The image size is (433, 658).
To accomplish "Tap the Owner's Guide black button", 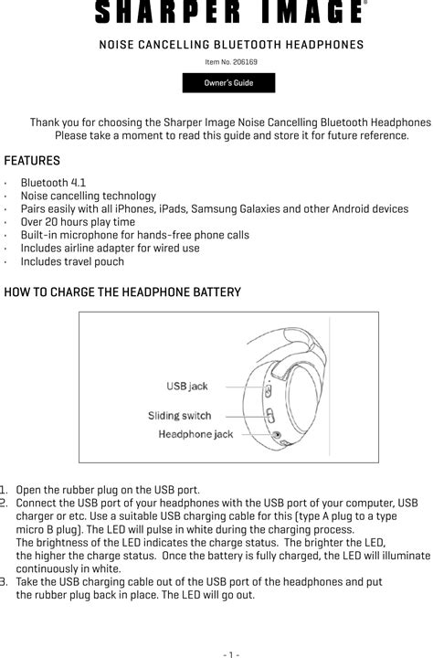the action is coord(228,83).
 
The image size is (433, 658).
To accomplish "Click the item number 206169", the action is coord(231,62).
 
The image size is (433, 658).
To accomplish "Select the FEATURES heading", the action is coord(32,161).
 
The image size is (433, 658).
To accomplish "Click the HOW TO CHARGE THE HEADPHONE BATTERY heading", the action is coord(123,292).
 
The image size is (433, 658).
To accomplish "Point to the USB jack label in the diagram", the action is coord(186,387).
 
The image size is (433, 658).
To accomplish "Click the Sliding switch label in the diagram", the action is coord(179,416).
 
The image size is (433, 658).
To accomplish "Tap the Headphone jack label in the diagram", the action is coord(195,434).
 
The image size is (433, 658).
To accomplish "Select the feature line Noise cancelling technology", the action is coord(88,196).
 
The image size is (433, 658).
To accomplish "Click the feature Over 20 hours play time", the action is coord(78,222).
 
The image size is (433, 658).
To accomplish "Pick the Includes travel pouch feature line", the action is coord(72,261).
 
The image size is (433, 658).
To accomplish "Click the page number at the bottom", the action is coord(230,653).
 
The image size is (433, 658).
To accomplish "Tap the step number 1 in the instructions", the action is coord(5,490).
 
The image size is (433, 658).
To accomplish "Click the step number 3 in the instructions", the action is coord(5,582).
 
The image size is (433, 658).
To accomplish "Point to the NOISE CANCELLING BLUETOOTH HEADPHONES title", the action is coord(230,45).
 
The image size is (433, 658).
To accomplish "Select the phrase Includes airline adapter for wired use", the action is coord(110,248).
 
